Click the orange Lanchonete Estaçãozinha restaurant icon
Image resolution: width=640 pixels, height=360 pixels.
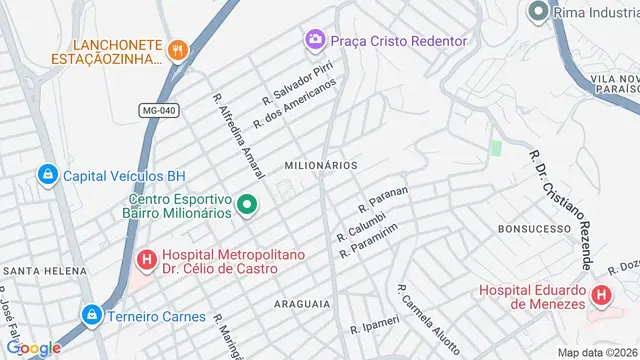(179, 49)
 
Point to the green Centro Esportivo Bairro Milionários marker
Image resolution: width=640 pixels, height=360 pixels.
(246, 208)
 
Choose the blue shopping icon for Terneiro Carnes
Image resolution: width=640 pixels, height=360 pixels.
(92, 316)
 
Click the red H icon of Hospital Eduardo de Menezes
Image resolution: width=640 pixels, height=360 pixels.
(601, 296)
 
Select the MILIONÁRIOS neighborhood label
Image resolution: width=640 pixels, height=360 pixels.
(321, 165)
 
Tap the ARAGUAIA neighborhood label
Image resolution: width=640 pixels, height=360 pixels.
(301, 301)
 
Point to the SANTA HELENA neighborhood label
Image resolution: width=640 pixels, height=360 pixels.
(39, 271)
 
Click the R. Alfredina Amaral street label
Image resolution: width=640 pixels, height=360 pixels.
(239, 133)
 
